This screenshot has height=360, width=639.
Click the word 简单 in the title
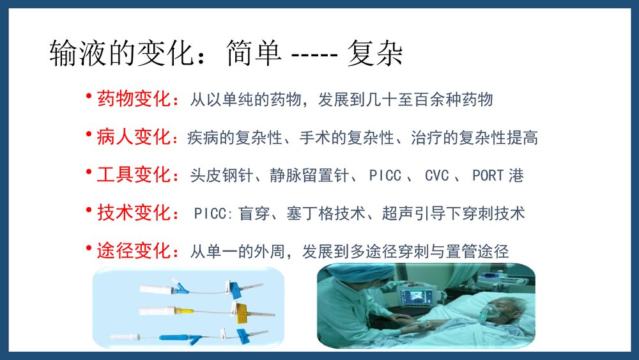(253, 55)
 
